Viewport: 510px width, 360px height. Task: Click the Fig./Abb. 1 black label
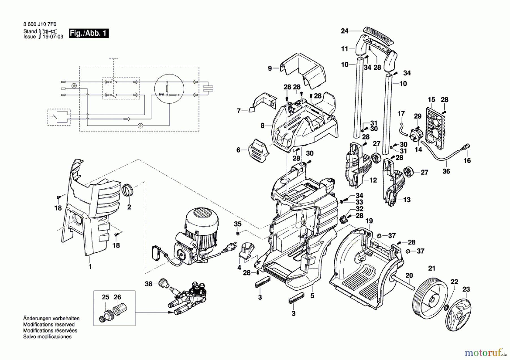[89, 33]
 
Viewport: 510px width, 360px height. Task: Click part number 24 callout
[344, 31]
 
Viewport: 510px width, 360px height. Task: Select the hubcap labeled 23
[458, 314]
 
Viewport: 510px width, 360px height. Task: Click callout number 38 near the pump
[148, 284]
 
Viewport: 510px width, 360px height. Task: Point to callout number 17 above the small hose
[401, 114]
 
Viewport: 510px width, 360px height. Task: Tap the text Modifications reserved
[49, 325]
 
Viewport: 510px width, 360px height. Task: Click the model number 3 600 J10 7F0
[40, 25]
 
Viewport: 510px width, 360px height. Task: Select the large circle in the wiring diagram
[169, 89]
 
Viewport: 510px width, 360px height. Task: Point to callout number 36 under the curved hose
[446, 171]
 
